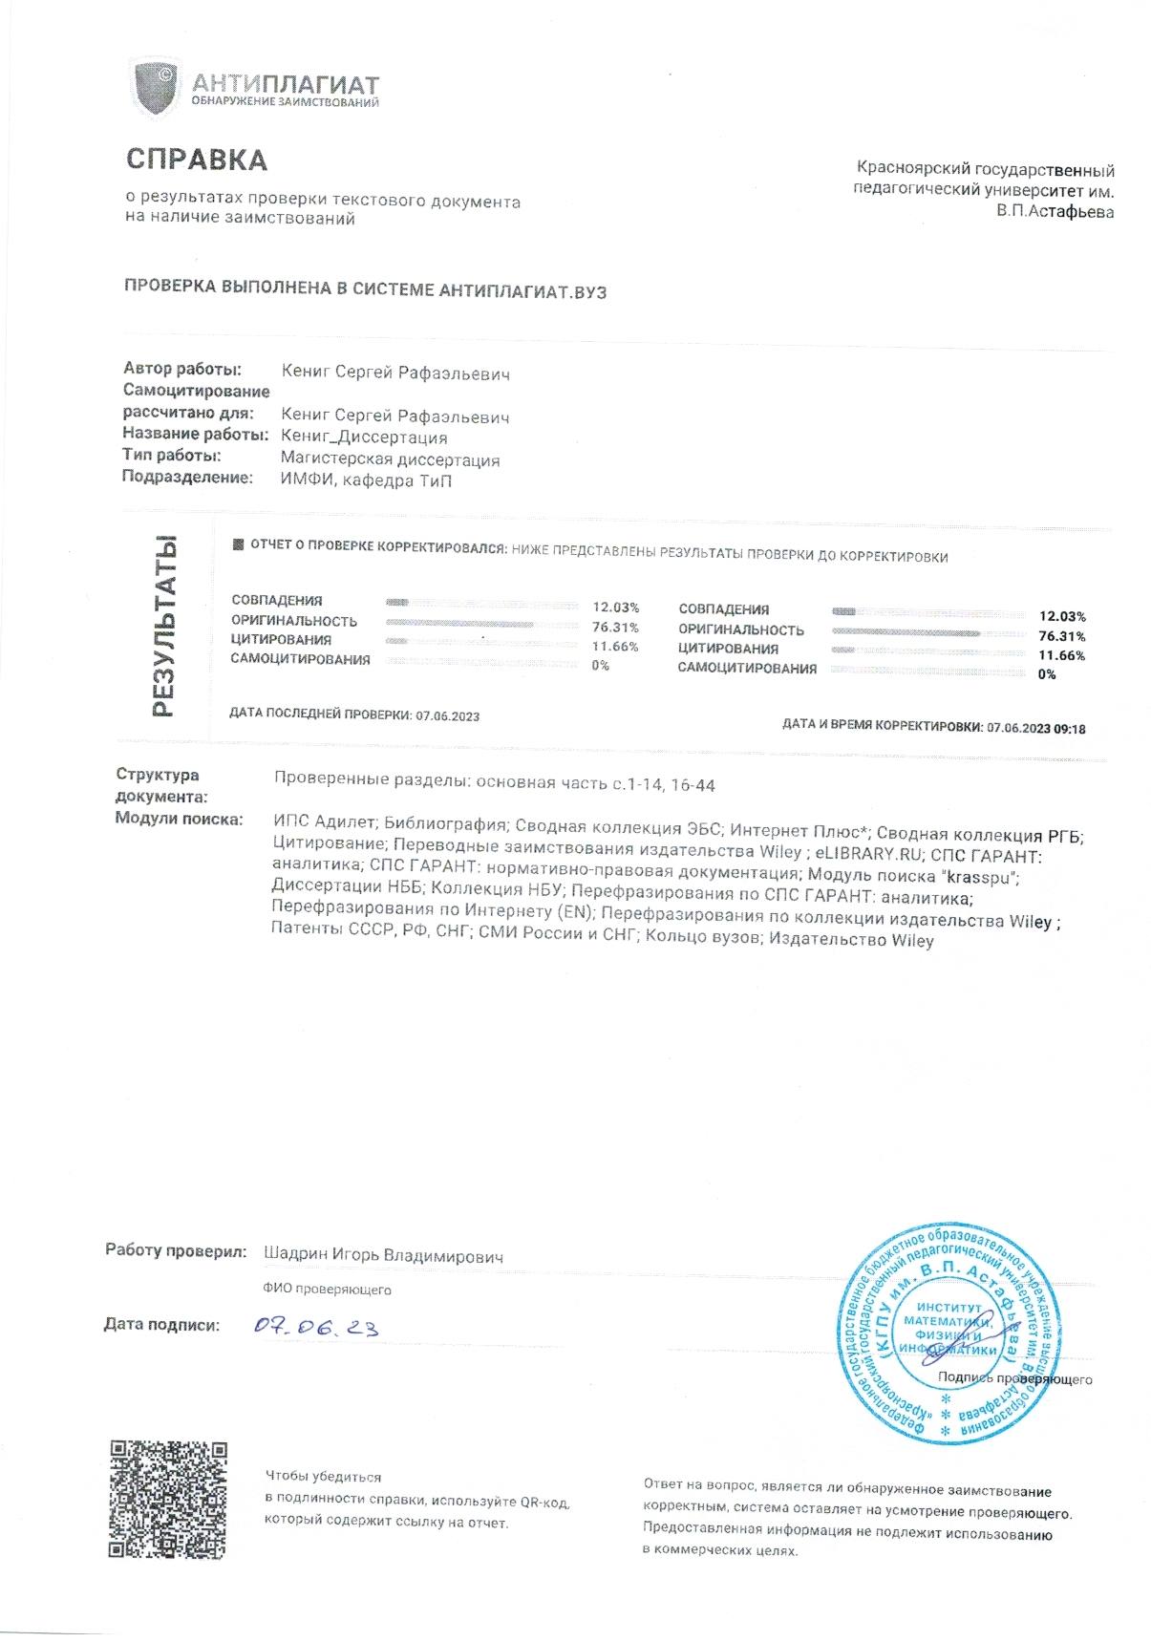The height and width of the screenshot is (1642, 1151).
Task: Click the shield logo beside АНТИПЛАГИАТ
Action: [x=155, y=88]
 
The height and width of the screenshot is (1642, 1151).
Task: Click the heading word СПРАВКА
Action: [x=197, y=160]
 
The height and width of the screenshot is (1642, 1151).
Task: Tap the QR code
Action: [x=167, y=1499]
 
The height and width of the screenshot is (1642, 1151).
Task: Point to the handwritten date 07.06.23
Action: [x=316, y=1327]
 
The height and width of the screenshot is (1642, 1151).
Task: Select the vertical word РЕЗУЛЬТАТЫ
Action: [x=163, y=626]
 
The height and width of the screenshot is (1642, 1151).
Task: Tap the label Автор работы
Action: [x=182, y=369]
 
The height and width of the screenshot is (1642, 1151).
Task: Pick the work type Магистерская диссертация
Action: [x=390, y=459]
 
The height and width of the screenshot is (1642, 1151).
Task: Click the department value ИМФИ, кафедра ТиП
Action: [x=366, y=480]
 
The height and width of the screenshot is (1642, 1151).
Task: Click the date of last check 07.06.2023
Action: [x=447, y=715]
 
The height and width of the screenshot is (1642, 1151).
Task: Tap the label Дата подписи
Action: [x=161, y=1325]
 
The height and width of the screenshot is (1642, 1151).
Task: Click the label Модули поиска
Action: [x=179, y=819]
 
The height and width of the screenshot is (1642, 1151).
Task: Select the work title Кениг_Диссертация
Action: [x=364, y=437]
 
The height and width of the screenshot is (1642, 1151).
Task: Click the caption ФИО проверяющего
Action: [x=327, y=1290]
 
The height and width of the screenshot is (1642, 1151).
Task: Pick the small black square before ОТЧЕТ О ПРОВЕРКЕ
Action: [x=239, y=544]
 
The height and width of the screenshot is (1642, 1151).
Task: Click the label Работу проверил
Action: [x=176, y=1251]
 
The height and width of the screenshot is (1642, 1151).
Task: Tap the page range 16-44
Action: [x=693, y=785]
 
